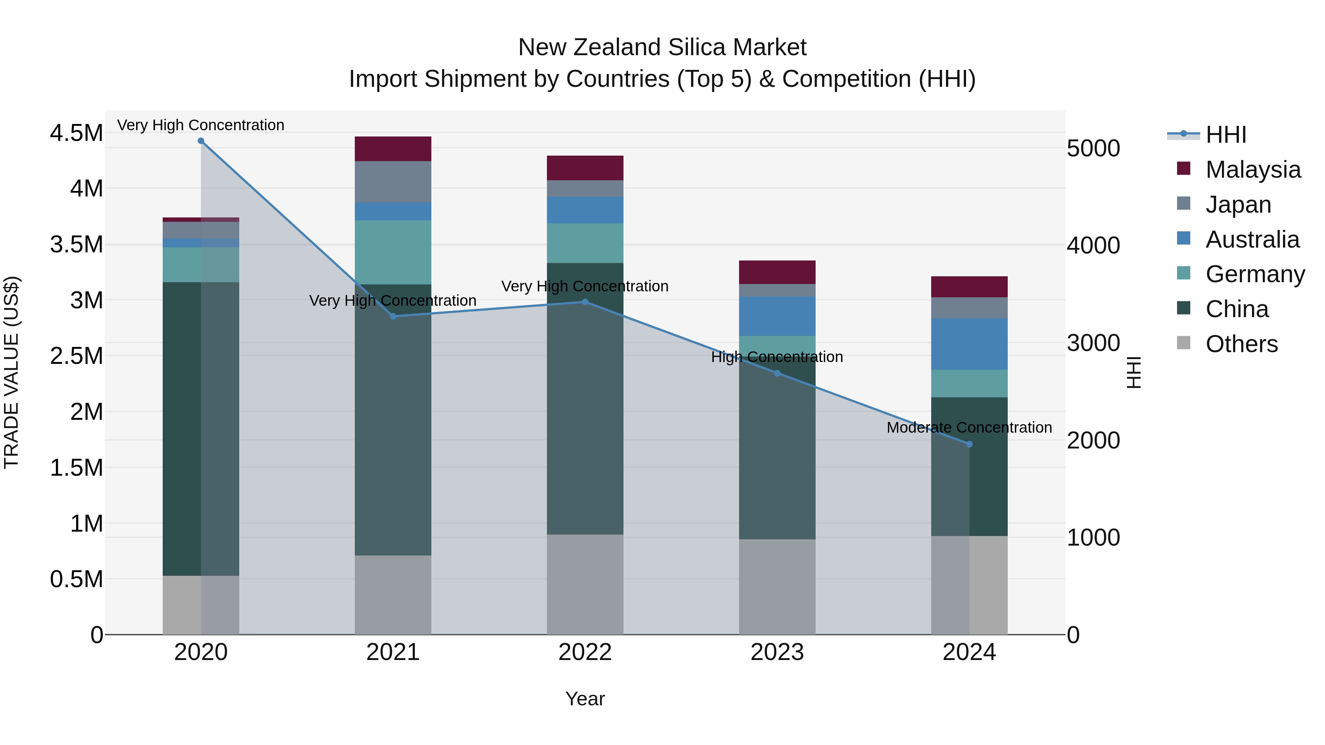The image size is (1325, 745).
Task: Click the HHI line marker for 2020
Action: tap(201, 141)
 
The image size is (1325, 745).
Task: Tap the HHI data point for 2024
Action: tap(969, 444)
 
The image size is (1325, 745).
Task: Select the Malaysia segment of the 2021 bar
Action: tap(393, 149)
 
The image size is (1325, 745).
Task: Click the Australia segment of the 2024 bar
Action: tap(969, 344)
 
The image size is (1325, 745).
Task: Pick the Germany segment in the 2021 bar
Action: tap(393, 252)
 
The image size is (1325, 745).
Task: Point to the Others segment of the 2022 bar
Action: tap(585, 584)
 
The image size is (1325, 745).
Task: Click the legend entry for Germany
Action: tap(1255, 274)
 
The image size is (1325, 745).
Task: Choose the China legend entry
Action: tap(1237, 309)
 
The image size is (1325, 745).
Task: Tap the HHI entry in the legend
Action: tap(1225, 135)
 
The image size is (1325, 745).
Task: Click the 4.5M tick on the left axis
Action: tap(76, 133)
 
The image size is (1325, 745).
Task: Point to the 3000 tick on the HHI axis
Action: tap(1093, 343)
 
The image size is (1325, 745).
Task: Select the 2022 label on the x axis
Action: tap(585, 652)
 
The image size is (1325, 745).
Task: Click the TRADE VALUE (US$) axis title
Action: tap(11, 372)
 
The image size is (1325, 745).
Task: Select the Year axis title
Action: tap(585, 699)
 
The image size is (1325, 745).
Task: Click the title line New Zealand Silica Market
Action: tap(662, 47)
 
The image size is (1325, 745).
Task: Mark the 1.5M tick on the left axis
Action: tap(76, 468)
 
